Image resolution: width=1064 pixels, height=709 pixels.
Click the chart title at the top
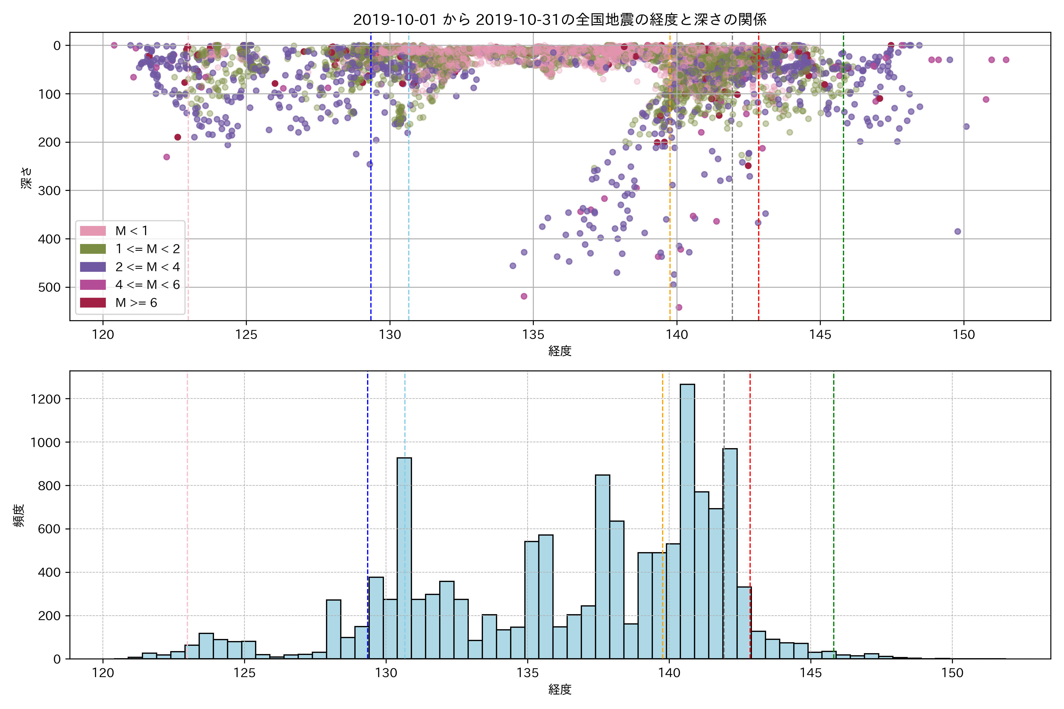pyautogui.click(x=559, y=19)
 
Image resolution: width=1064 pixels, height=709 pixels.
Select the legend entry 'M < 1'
pyautogui.click(x=131, y=231)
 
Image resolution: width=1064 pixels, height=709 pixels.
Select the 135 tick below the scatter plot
pyautogui.click(x=533, y=335)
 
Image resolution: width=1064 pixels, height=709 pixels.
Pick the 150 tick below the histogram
pyautogui.click(x=952, y=673)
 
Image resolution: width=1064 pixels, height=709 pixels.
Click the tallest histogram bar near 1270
pyautogui.click(x=687, y=520)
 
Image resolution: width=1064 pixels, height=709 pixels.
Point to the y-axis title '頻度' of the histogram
pyautogui.click(x=19, y=516)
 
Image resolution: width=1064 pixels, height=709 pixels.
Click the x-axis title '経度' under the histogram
pyautogui.click(x=559, y=690)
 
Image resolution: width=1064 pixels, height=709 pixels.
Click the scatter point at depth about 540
pyautogui.click(x=679, y=308)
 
